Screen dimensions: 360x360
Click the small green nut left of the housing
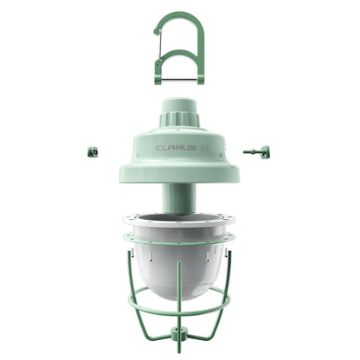tap(92, 151)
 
